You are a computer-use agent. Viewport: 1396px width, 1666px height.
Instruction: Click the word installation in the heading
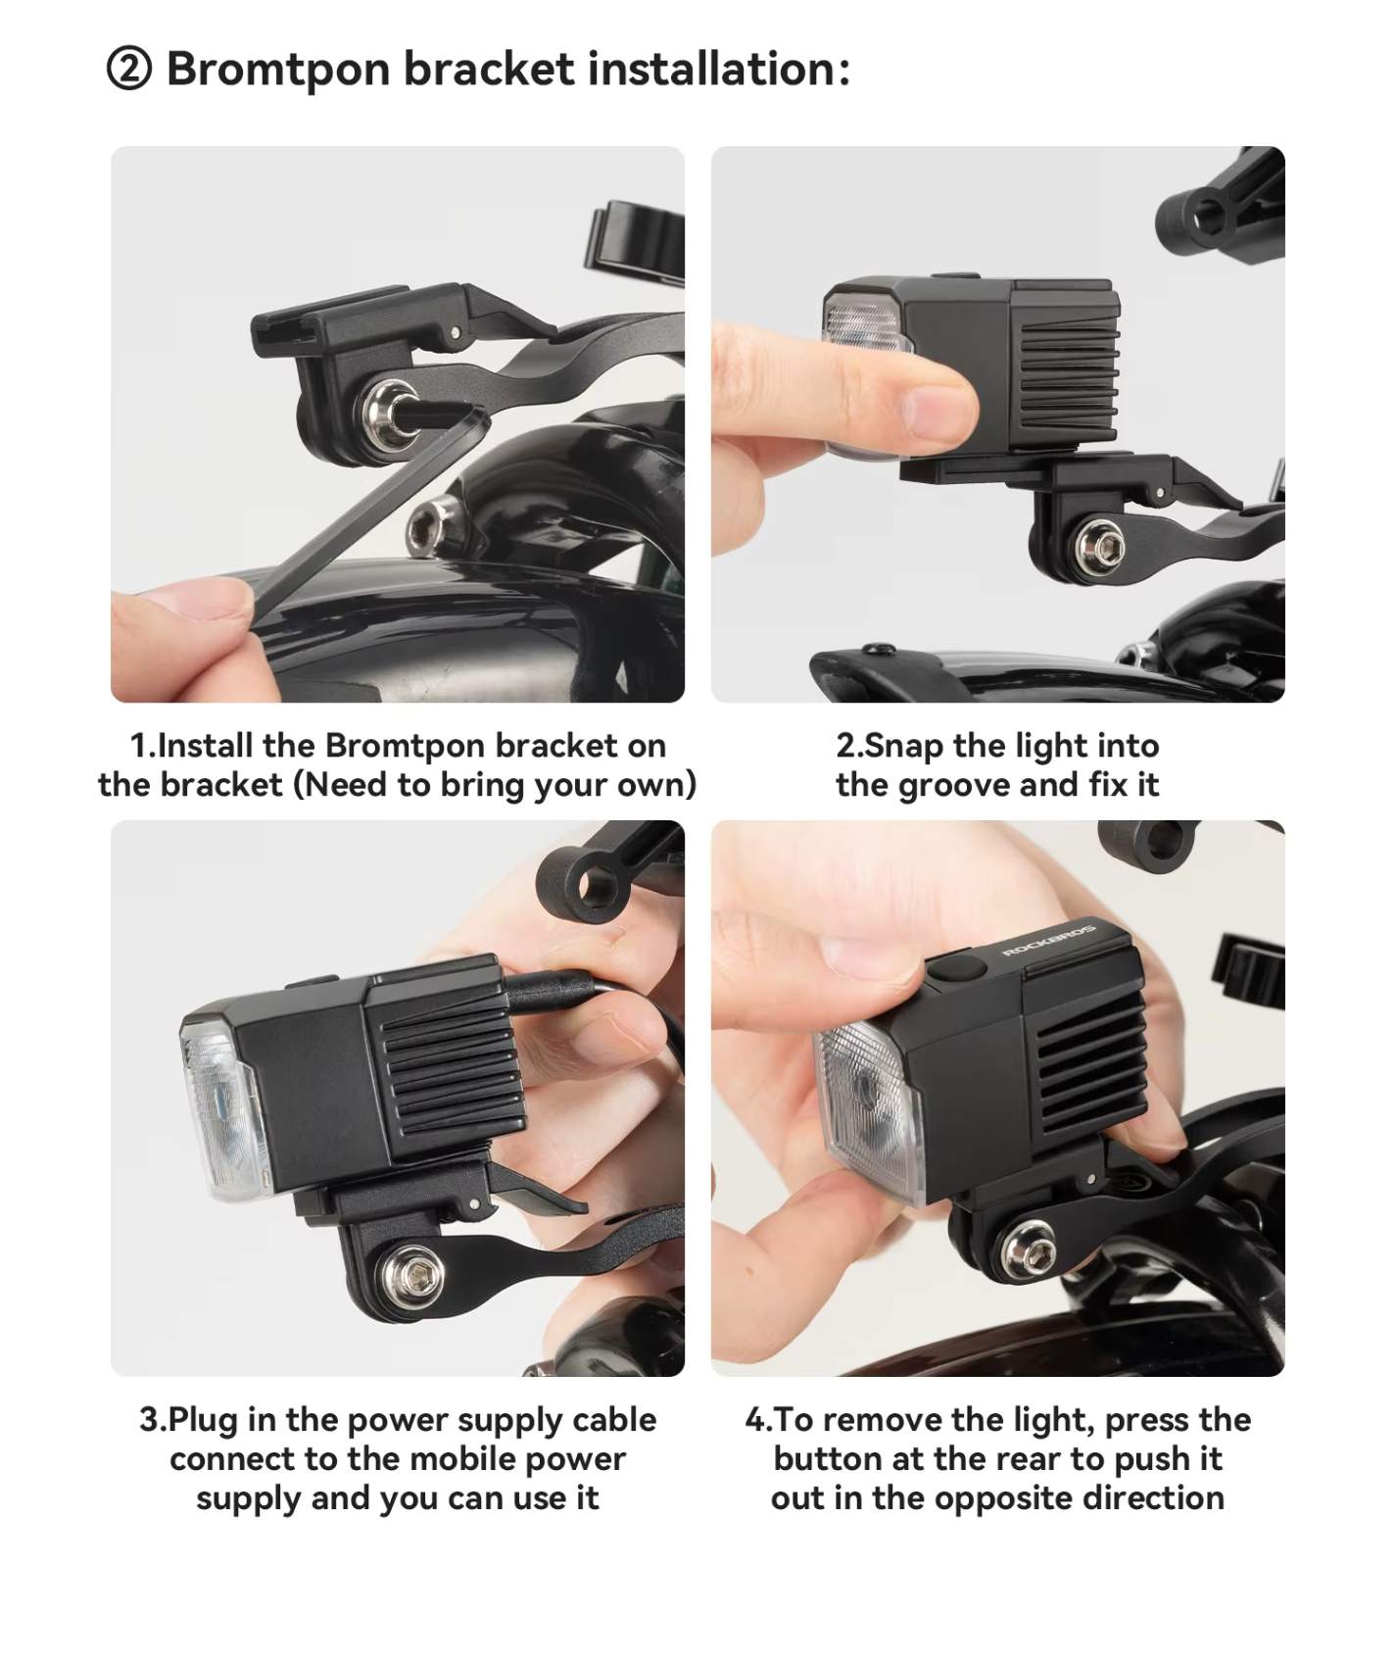(719, 70)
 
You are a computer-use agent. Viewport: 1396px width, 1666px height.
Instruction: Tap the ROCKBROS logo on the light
(1049, 939)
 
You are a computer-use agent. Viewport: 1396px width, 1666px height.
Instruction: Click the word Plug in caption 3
(204, 1421)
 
